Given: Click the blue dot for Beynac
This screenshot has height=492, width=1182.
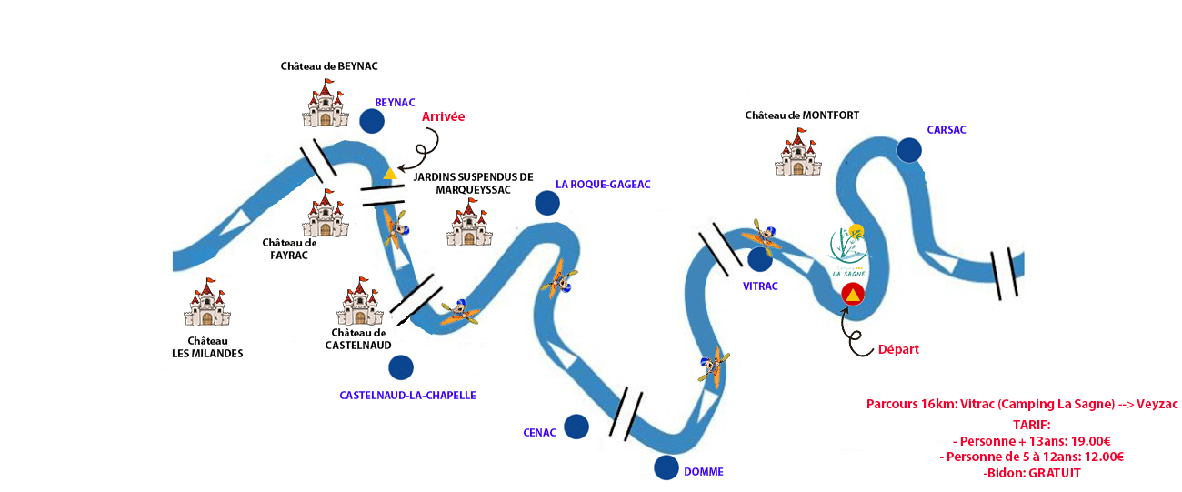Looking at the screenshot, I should coord(371,121).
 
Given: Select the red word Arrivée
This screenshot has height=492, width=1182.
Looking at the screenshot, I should coord(443,117).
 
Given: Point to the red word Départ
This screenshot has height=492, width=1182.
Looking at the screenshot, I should coord(897,349).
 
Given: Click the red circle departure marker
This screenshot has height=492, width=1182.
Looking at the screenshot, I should coord(852,294).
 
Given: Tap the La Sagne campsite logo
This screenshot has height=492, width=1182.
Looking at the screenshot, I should coord(849,251).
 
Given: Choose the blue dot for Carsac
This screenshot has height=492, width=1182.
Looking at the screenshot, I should coord(908,150).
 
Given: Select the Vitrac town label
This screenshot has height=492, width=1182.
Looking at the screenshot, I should coord(760,286).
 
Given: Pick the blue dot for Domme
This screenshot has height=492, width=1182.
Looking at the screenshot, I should coord(666,467).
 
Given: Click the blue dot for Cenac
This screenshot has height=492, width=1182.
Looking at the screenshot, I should coord(576,427).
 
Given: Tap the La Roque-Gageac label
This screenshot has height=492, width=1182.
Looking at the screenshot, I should coord(603,184).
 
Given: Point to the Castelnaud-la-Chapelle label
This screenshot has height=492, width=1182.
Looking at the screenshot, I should coord(407,396).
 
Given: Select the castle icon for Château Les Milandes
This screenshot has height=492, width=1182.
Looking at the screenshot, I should coord(207,303).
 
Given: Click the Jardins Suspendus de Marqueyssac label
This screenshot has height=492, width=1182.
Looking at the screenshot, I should coord(473,183).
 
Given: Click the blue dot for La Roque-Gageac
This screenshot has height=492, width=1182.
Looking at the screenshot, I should coord(547,203).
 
